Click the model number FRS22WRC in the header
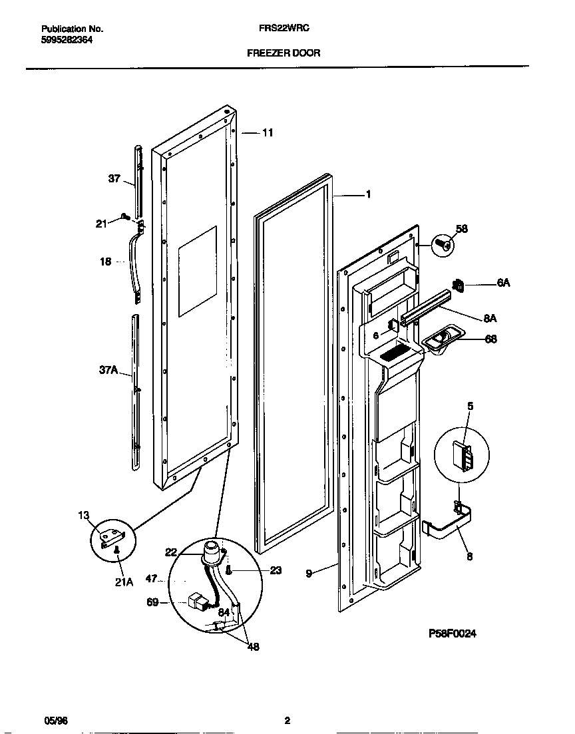pyautogui.click(x=282, y=29)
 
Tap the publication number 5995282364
pyautogui.click(x=67, y=39)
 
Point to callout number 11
pyautogui.click(x=267, y=133)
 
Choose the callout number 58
pyautogui.click(x=461, y=230)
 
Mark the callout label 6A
pyautogui.click(x=503, y=283)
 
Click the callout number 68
pyautogui.click(x=490, y=339)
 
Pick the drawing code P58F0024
pyautogui.click(x=452, y=634)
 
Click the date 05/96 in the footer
pyautogui.click(x=51, y=721)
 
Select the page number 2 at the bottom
pyautogui.click(x=287, y=721)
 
